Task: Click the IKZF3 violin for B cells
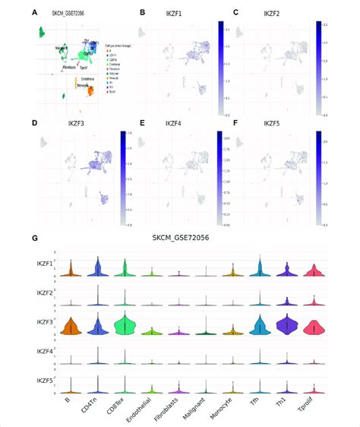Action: click(x=70, y=327)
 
